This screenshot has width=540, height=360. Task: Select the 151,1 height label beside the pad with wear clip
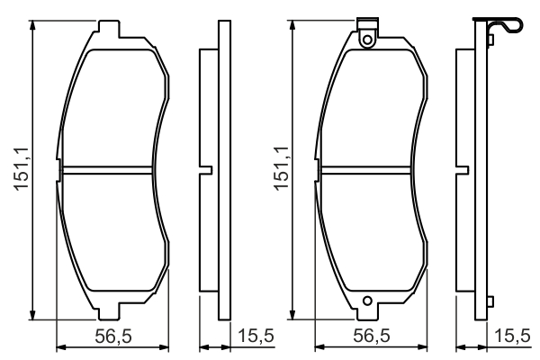281,168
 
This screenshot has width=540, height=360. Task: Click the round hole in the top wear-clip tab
366,39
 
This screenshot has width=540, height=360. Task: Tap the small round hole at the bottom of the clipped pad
366,301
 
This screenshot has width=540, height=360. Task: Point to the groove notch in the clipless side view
206,168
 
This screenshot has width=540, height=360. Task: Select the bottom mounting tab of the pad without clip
107,311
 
